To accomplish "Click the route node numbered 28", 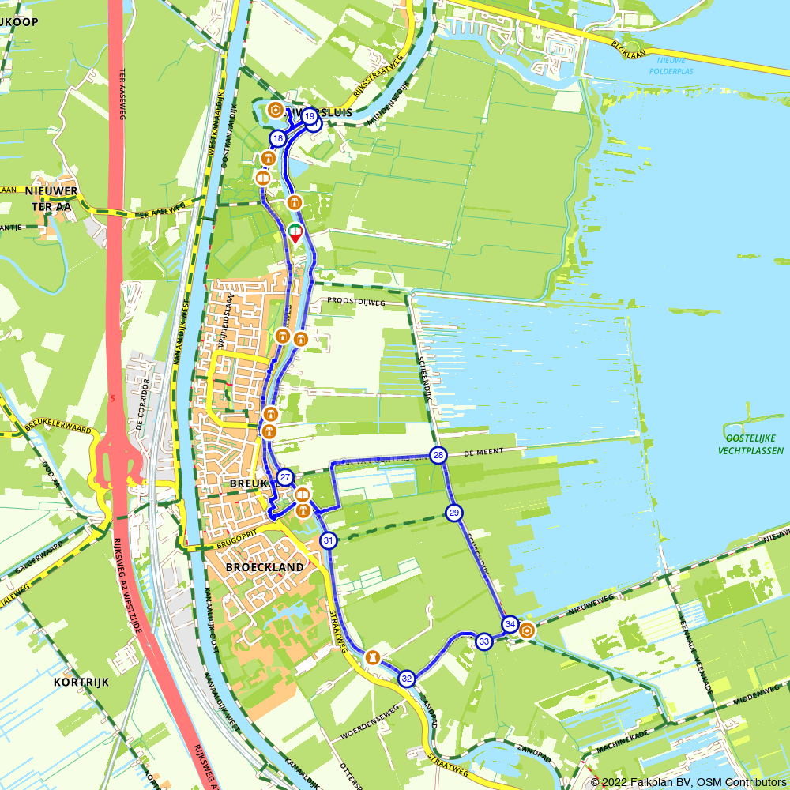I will point(438,455).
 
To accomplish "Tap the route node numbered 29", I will point(453,513).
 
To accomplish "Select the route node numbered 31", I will point(328,540).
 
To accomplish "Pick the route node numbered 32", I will point(406,678).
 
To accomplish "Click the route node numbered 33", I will point(484,641).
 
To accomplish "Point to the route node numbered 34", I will point(510,624).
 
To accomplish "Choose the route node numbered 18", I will point(277,139).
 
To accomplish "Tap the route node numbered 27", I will point(285,477).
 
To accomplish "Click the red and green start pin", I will point(295,233).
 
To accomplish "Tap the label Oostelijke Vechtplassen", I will point(750,445).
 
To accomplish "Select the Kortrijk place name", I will point(81,681).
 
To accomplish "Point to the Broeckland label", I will point(264,567).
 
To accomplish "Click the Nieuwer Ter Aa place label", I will point(51,199).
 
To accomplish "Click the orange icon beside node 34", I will point(526,630).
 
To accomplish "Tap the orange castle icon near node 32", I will point(371,657).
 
